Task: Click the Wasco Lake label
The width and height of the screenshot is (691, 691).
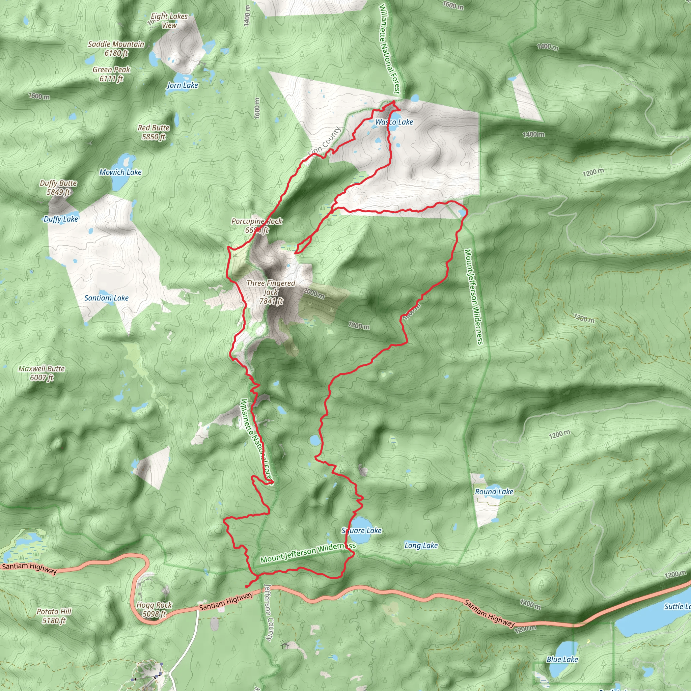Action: [394, 122]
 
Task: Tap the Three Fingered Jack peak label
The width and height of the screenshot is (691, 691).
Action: [271, 292]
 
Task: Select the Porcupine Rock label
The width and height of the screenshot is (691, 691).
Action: [257, 226]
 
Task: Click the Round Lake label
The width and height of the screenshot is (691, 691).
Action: [494, 492]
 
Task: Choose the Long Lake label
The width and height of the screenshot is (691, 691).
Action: [421, 546]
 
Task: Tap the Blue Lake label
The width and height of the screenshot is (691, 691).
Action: [562, 659]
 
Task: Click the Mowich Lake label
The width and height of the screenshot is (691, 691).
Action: [120, 172]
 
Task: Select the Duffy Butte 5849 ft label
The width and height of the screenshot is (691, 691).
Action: [58, 187]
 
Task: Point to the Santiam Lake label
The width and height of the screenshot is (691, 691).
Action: [106, 298]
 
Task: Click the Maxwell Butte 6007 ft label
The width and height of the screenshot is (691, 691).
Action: [42, 373]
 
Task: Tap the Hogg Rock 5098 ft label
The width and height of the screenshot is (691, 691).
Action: [154, 609]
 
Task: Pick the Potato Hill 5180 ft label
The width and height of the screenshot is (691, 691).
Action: [54, 616]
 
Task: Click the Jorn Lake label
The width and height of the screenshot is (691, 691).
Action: [183, 85]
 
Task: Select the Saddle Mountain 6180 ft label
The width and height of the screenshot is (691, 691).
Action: [116, 49]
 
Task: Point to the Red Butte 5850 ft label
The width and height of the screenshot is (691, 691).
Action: [154, 132]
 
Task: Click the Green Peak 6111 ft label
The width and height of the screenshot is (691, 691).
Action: [111, 74]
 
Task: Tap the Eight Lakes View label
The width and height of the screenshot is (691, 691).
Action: [169, 21]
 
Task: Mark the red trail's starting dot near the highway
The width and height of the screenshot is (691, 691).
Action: [247, 586]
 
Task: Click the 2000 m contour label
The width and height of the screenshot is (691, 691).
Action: [314, 293]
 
